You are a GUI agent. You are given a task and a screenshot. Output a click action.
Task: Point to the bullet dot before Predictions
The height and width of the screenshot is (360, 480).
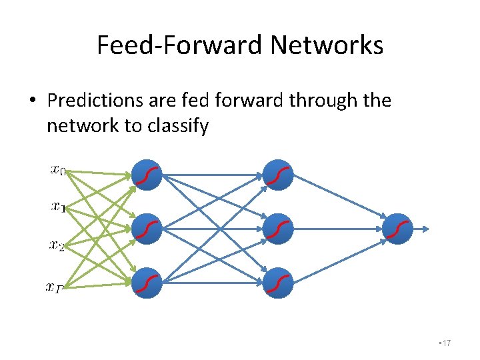(32, 101)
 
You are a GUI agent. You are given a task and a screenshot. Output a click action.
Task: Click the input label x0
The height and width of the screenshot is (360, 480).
(58, 170)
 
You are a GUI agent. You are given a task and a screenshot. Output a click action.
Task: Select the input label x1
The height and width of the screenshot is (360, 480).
(58, 207)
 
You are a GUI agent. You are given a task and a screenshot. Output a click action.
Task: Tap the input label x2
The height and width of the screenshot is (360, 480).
(57, 245)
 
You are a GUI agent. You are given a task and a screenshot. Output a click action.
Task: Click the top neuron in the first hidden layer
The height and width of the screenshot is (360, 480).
(147, 175)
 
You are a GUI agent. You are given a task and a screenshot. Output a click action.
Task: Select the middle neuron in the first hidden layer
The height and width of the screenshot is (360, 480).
(147, 229)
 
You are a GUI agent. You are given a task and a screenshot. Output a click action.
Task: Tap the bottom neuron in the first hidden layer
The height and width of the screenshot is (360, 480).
(147, 283)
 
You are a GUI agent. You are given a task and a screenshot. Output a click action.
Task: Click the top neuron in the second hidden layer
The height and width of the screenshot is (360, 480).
(278, 175)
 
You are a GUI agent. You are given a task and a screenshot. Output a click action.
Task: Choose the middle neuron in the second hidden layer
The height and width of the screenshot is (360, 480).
(278, 229)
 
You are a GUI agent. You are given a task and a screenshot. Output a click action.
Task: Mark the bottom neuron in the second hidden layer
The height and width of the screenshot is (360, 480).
(278, 283)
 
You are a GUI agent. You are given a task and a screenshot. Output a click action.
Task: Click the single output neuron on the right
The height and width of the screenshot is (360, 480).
(399, 229)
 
